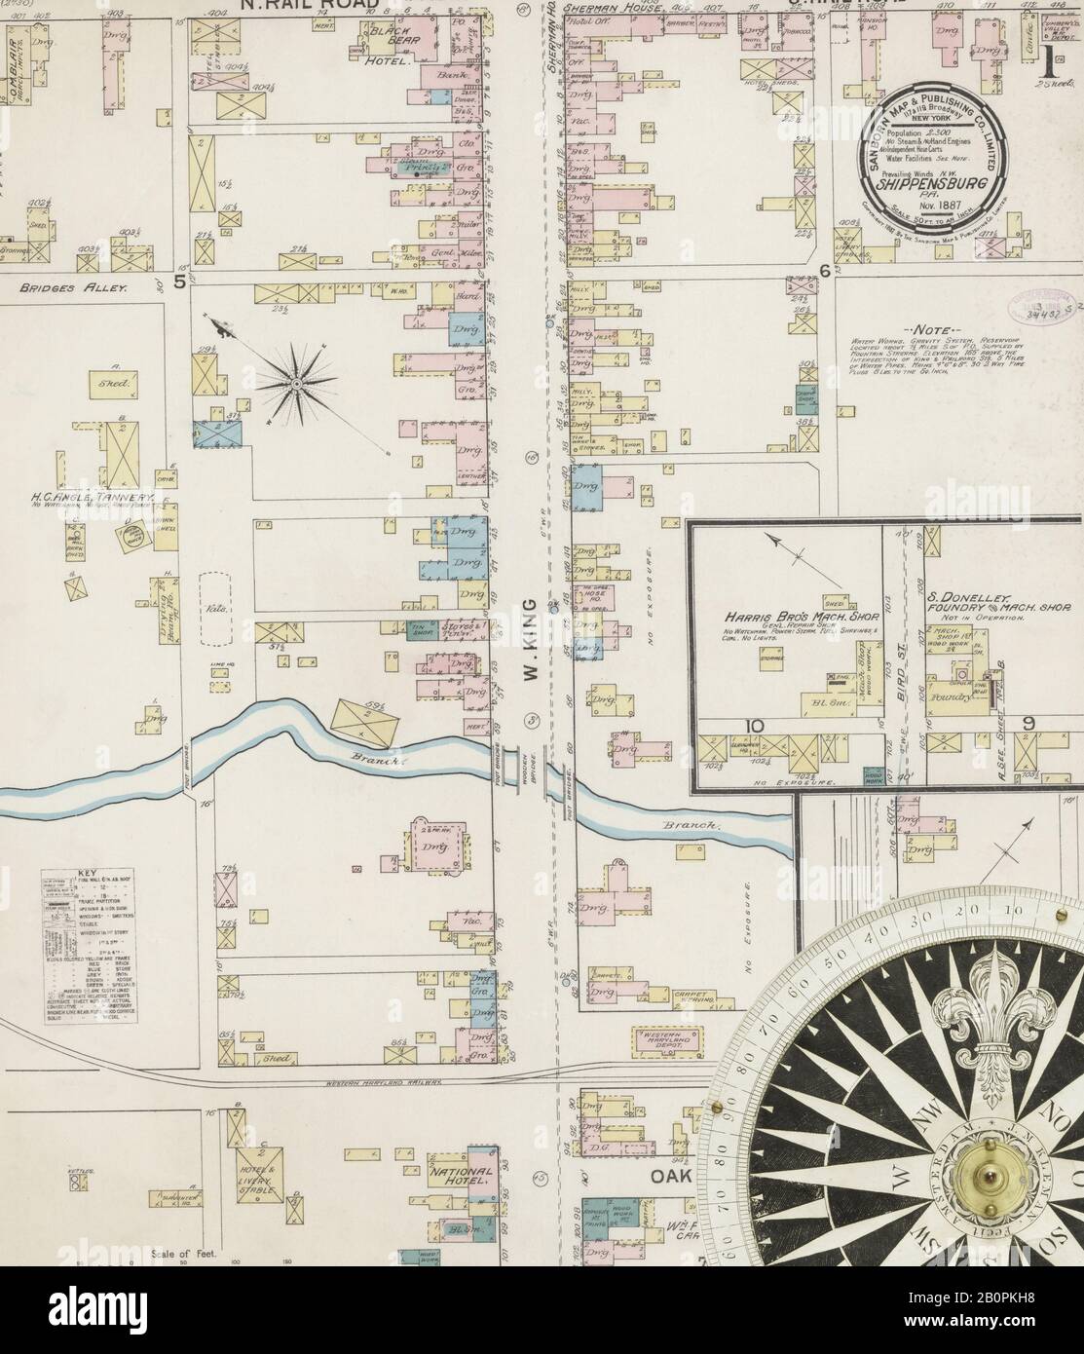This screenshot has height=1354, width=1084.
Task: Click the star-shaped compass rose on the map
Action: pyautogui.click(x=293, y=386)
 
